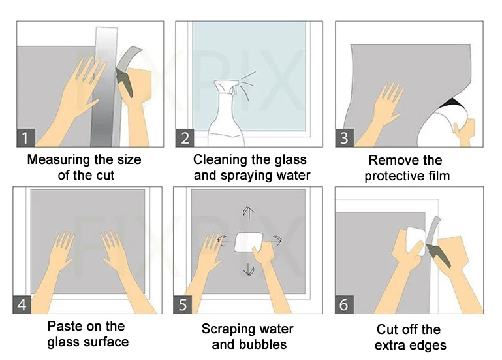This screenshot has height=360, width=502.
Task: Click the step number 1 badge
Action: pos(25,138)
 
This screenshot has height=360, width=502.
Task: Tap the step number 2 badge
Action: pos(185,138)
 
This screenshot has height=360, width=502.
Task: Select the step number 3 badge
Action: pos(345,138)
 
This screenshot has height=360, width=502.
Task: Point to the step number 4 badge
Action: pos(22,304)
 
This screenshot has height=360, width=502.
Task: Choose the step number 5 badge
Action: pos(183,304)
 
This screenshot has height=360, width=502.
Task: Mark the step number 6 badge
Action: pos(344,304)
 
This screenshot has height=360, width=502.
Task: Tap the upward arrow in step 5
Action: pos(249,212)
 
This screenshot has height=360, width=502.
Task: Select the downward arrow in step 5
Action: pos(249,270)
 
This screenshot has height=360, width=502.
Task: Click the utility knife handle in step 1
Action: pos(124,84)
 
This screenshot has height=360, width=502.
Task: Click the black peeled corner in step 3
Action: pos(452,104)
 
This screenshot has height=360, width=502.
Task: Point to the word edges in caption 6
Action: pos(430,346)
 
